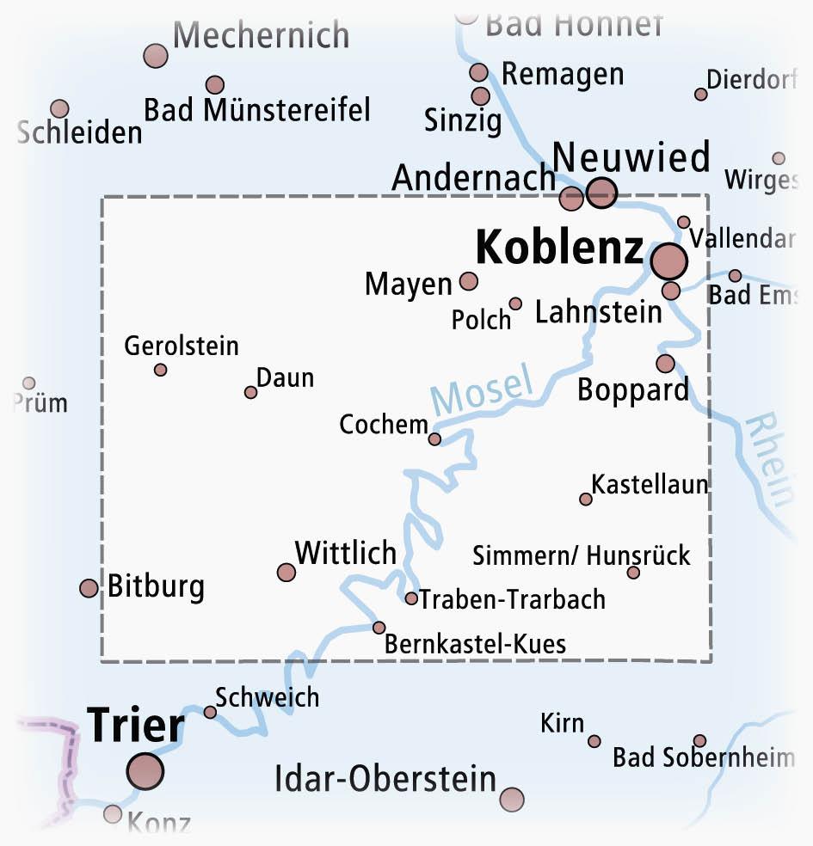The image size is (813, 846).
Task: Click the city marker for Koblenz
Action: point(668,261)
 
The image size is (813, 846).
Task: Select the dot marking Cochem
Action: point(434,439)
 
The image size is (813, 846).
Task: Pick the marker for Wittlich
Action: point(286,573)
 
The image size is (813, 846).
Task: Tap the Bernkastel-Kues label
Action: point(475,643)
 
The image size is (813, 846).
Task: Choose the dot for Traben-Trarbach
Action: point(411,598)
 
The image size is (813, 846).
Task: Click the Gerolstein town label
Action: point(182,346)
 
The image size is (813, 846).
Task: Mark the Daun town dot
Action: point(250,392)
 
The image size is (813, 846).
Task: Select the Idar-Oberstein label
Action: point(385,779)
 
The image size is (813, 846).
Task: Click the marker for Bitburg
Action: point(89,588)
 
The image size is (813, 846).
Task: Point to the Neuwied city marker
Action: point(601,193)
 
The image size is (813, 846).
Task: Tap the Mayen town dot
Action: point(469,281)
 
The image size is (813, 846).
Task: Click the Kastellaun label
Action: point(650,484)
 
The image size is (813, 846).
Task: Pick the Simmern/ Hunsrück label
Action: point(582,555)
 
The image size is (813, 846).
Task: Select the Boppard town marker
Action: point(665,364)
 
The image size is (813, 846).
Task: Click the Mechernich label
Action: point(261,36)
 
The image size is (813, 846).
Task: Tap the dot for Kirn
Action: point(594,741)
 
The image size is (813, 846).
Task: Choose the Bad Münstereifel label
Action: point(257,110)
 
